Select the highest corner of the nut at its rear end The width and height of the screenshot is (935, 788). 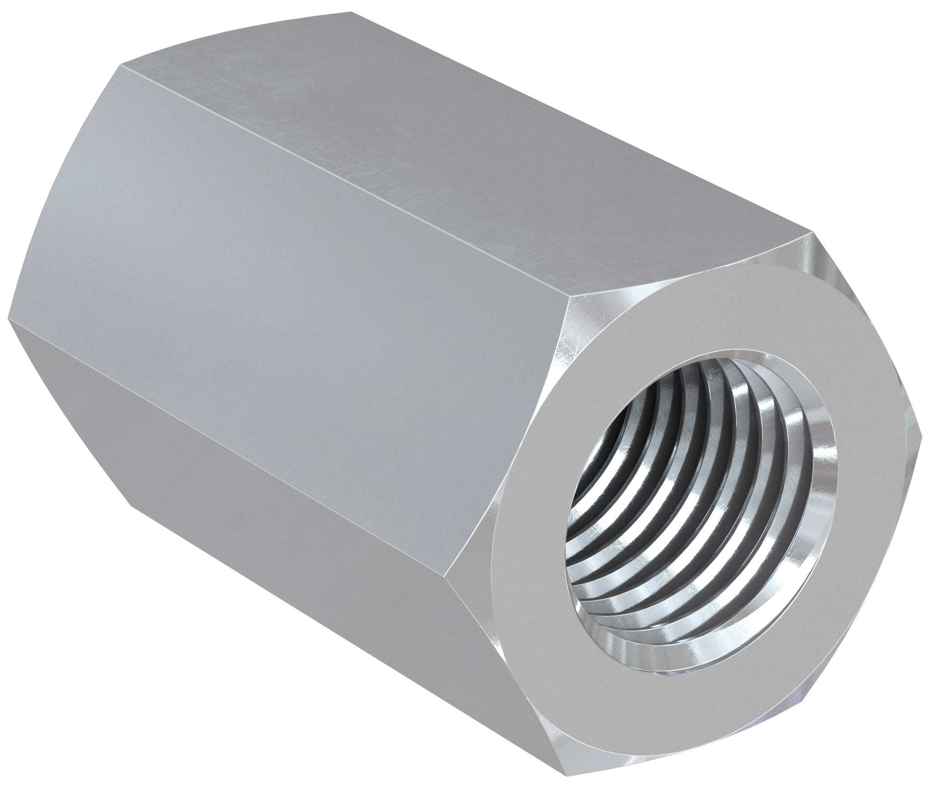coord(352,11)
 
